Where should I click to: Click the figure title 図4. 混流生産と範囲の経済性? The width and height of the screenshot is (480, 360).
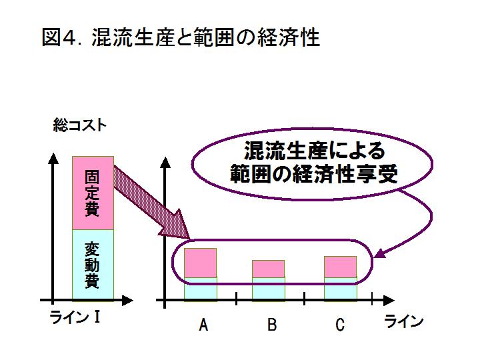click(181, 37)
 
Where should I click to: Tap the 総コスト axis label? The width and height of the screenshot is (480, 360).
click(79, 125)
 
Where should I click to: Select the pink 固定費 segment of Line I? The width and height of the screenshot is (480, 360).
click(93, 193)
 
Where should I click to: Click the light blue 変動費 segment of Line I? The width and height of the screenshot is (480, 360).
click(93, 265)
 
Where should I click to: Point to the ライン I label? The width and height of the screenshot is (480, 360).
click(75, 317)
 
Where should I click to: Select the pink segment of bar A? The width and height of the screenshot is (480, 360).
click(200, 263)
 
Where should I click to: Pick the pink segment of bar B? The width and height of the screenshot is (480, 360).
click(268, 269)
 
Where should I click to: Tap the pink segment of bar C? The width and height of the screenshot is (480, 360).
click(340, 267)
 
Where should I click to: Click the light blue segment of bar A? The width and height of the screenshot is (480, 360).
click(201, 289)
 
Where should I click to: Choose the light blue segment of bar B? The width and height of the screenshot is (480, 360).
click(269, 289)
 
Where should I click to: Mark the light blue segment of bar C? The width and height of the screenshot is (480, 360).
click(341, 289)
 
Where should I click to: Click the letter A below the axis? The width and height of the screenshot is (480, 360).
click(203, 325)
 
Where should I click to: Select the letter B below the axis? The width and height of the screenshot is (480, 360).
click(272, 325)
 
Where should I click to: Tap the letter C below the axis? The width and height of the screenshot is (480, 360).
click(340, 325)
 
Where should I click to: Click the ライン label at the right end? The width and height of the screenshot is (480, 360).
click(404, 321)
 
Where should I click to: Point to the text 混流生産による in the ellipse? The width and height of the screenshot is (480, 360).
click(314, 151)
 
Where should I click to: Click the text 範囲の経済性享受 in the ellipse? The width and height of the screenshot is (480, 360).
click(314, 174)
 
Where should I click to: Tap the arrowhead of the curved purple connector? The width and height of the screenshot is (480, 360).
click(379, 253)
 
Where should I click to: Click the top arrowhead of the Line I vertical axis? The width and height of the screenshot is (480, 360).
click(53, 159)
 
